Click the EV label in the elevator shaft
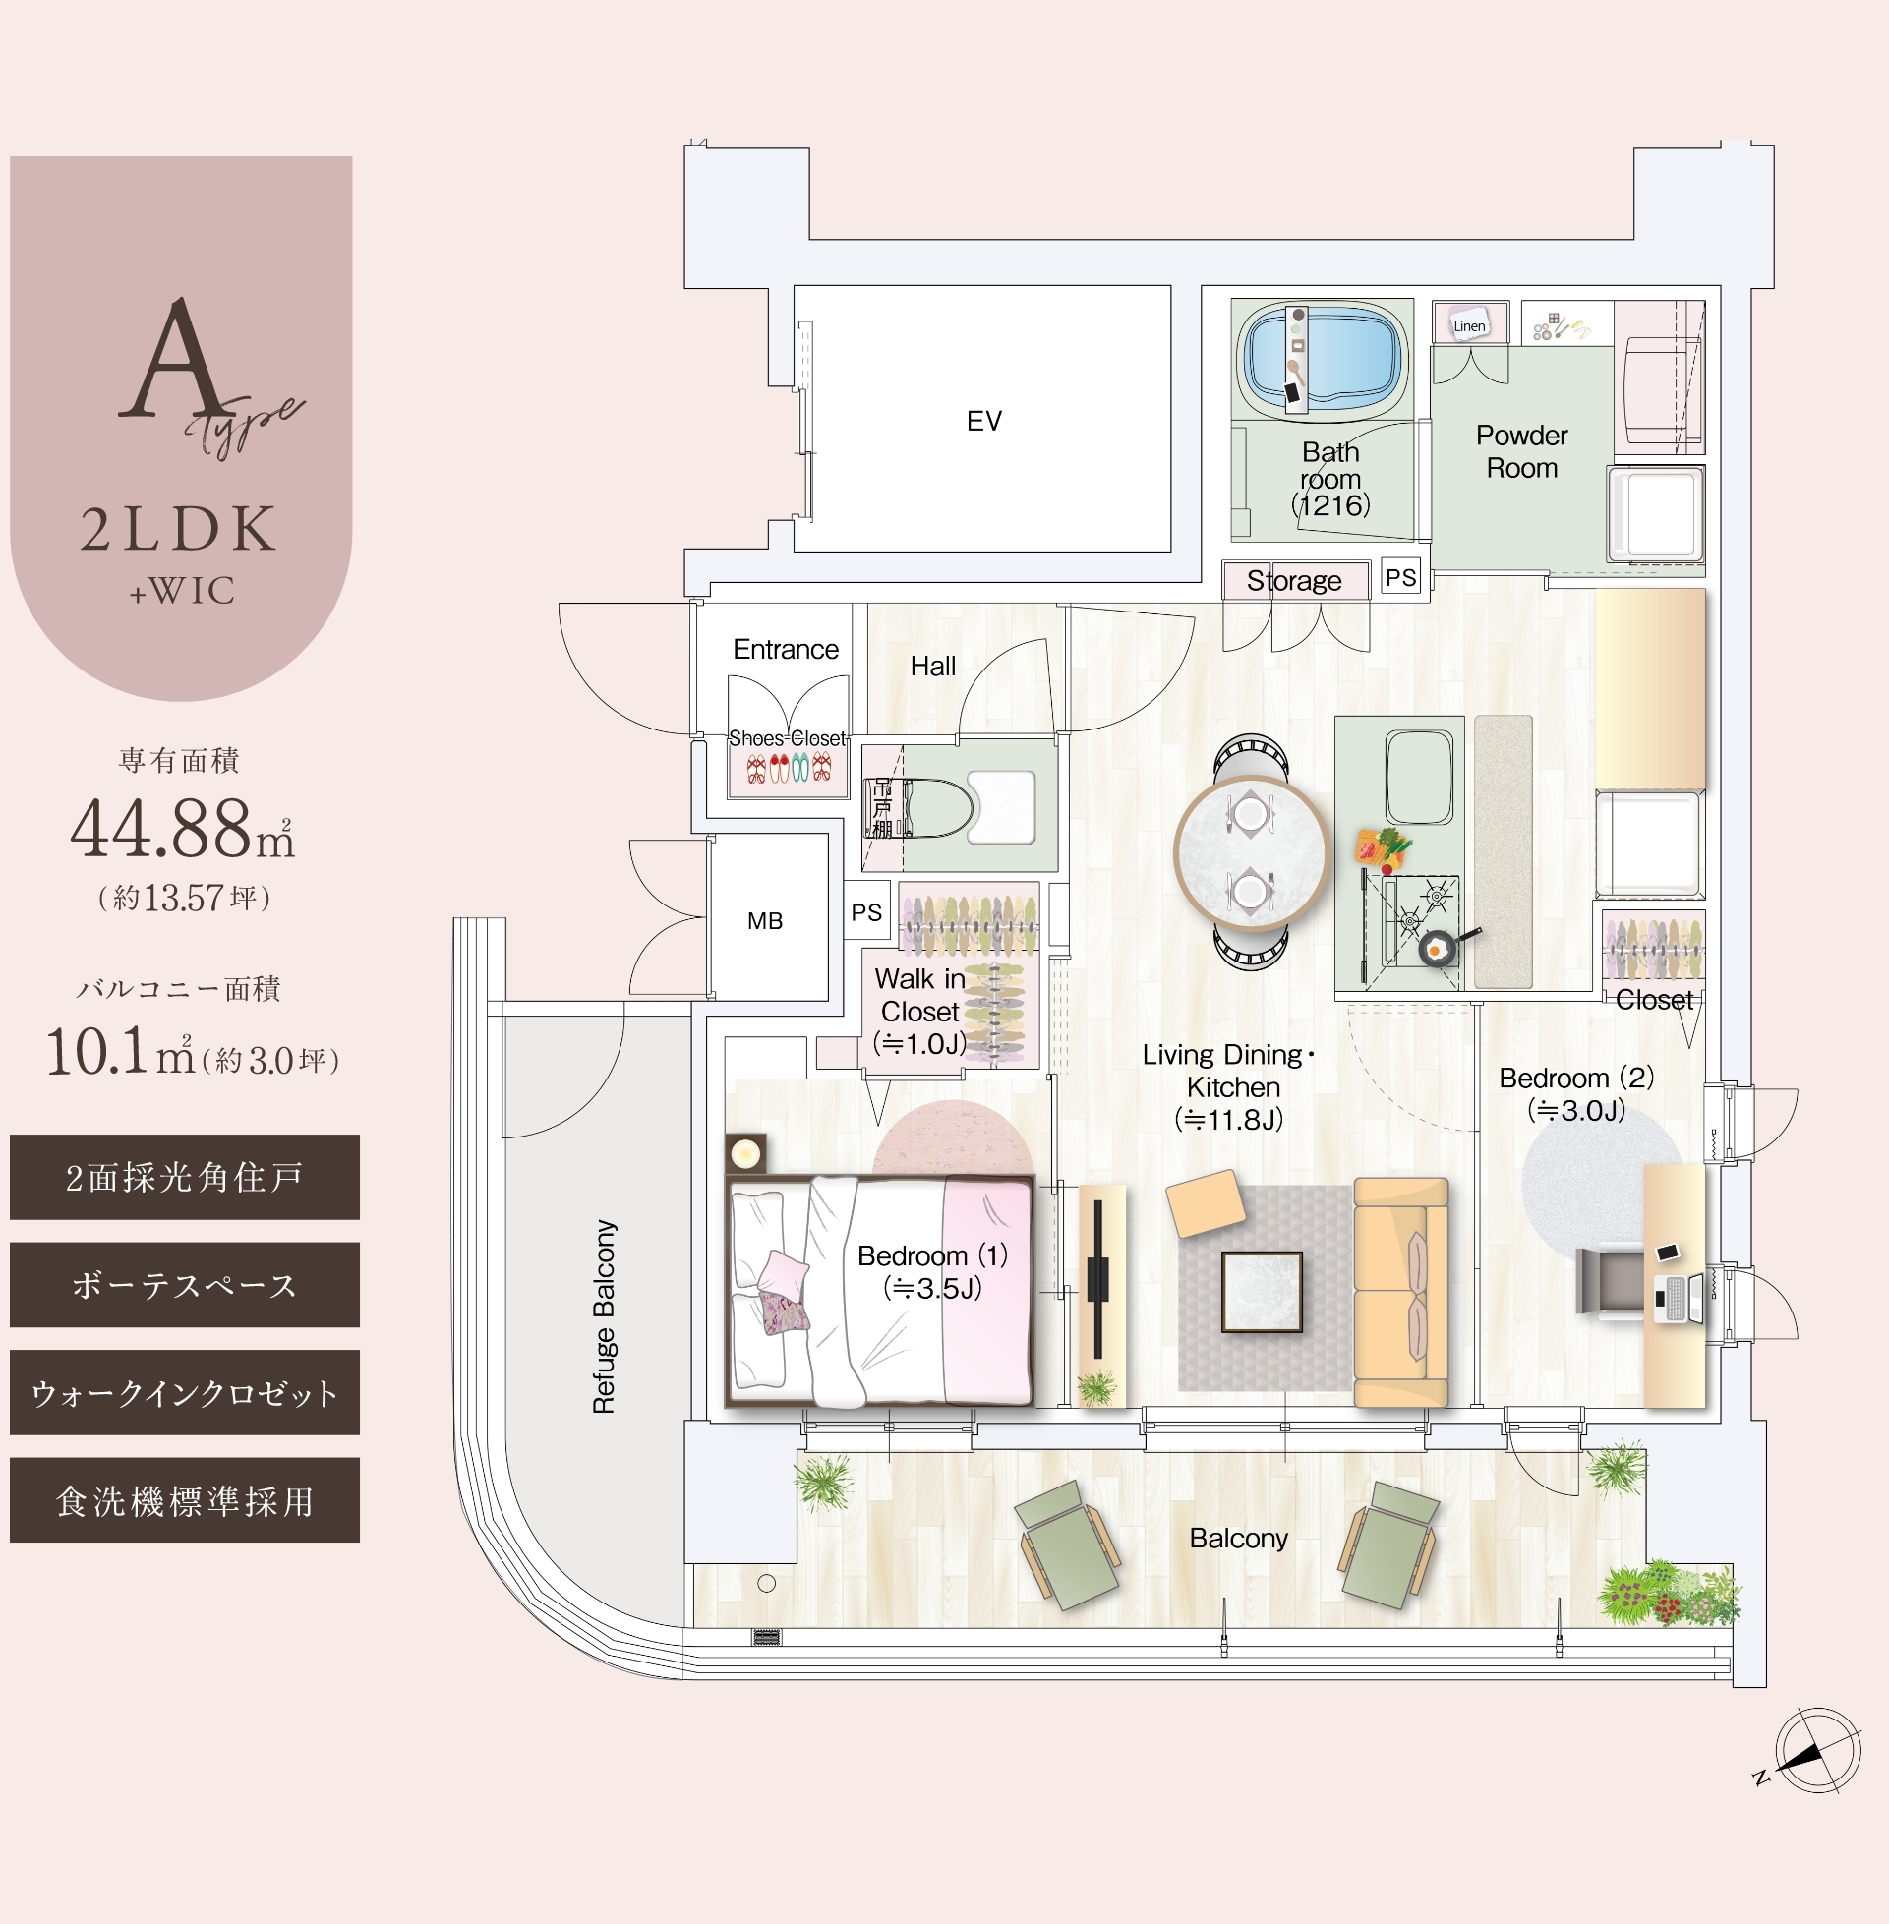[983, 421]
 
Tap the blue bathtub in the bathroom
[1324, 357]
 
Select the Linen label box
[1469, 324]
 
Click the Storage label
[1294, 580]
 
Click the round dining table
[1250, 853]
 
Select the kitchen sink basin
[1420, 777]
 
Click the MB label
[765, 921]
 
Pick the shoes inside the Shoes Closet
[789, 768]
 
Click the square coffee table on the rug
[1261, 1290]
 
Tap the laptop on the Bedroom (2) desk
[1679, 1297]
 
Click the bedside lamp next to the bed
[745, 1153]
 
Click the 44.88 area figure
[161, 829]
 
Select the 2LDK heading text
[179, 529]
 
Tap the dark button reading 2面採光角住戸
[185, 1177]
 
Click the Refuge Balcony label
[604, 1316]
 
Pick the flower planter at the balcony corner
[1669, 1594]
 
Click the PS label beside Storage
[1400, 577]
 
